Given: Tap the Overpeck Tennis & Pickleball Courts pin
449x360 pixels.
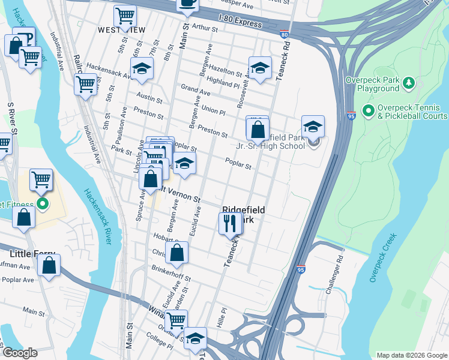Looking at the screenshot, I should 368,112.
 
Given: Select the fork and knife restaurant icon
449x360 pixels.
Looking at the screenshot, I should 230,224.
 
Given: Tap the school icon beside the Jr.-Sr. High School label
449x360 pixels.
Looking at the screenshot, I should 313,127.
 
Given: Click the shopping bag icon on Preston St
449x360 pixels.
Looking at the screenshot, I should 258,128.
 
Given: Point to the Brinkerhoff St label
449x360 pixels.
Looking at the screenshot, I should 171,274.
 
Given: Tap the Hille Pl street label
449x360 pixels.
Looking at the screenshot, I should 223,315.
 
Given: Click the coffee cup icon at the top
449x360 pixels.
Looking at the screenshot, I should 188,4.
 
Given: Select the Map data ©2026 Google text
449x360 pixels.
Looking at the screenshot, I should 411,355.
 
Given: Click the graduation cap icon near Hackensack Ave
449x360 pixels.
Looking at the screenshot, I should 142,70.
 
